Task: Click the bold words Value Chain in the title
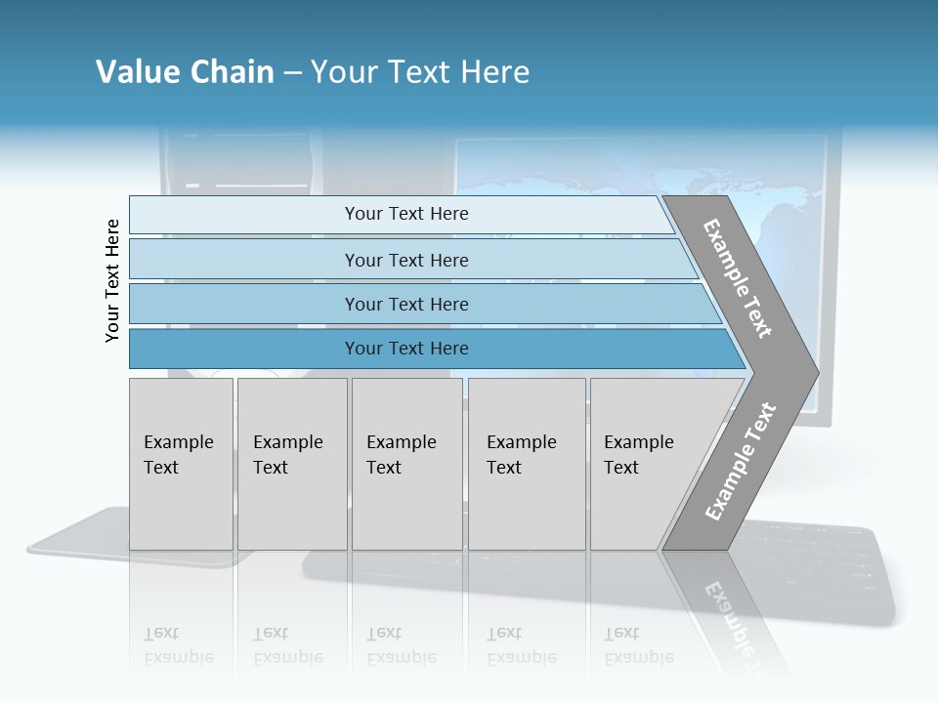click(x=185, y=72)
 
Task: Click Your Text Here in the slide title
click(x=420, y=72)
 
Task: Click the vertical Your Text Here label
click(x=112, y=280)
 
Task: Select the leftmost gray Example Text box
click(x=181, y=464)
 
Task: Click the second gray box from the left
click(x=292, y=464)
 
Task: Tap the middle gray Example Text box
click(x=406, y=464)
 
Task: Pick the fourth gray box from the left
click(x=527, y=464)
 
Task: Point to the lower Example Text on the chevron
click(x=741, y=461)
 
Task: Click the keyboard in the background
click(x=831, y=576)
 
